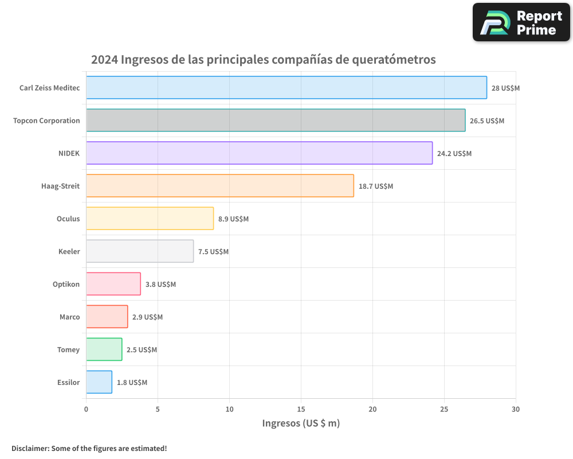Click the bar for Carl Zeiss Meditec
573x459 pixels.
(286, 88)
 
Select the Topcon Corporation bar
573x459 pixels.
(276, 120)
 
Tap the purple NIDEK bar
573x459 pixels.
(259, 153)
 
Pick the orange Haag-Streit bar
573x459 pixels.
(220, 186)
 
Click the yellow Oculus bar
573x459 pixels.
(150, 219)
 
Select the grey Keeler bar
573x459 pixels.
(140, 251)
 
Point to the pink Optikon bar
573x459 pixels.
(113, 284)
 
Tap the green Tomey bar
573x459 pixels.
(104, 349)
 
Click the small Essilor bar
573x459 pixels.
(99, 382)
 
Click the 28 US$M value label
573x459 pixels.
(505, 88)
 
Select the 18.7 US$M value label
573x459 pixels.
(376, 186)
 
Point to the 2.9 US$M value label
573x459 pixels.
(147, 317)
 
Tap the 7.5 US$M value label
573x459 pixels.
(213, 252)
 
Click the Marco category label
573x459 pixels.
(69, 317)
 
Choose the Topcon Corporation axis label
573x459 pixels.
(46, 121)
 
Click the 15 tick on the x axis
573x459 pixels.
(301, 409)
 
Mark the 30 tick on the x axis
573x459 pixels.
(516, 409)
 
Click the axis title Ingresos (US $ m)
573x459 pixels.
(301, 423)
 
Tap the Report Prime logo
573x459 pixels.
(521, 22)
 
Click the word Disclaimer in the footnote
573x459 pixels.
(29, 448)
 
